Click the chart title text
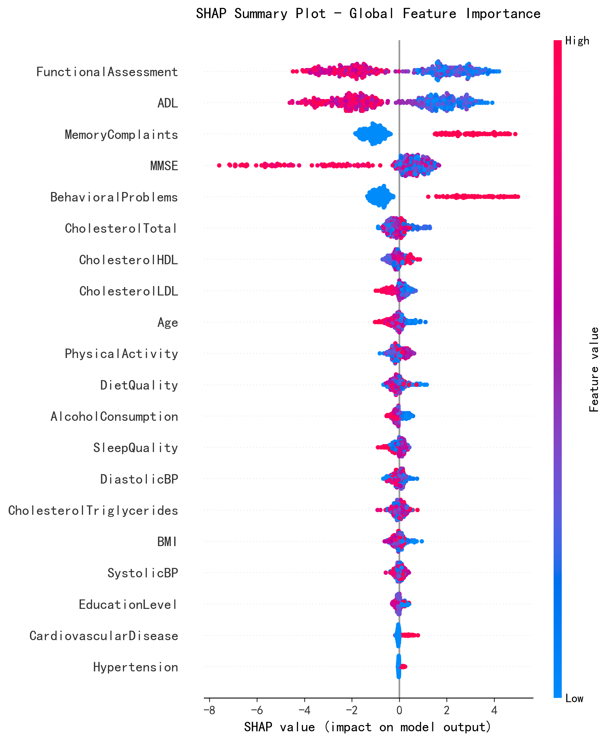coord(368,14)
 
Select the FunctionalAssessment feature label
coord(107,72)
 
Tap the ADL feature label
coord(168,103)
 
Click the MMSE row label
coord(164,166)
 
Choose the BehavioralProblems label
coord(114,197)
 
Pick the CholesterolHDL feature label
coord(128,260)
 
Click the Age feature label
coord(168,322)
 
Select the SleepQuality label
coord(136,448)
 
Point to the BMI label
coord(167,542)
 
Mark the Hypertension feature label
coord(136,667)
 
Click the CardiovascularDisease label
coord(104,636)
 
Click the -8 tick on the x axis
coord(209,710)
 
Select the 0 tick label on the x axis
coord(399,710)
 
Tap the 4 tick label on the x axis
coord(494,710)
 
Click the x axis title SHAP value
coord(368,727)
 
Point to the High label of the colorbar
coord(577,41)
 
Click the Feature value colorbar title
coord(594,370)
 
